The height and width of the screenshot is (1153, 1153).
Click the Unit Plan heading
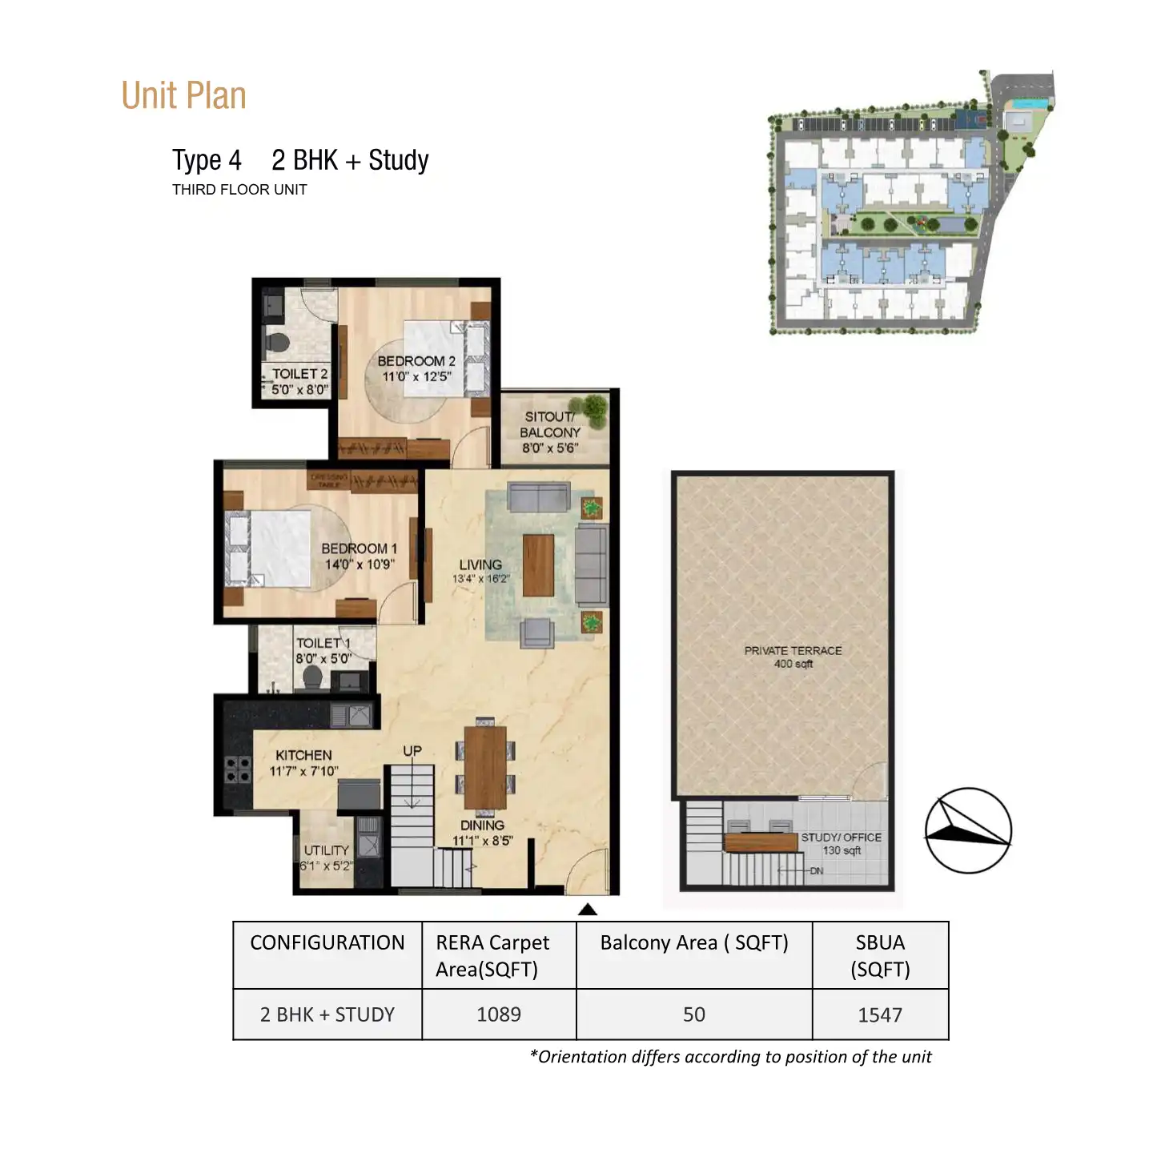tap(183, 95)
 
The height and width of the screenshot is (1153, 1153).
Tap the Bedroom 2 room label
tap(416, 361)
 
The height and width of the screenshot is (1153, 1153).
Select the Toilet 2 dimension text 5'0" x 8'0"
tap(300, 390)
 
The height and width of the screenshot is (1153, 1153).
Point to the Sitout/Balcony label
tap(549, 424)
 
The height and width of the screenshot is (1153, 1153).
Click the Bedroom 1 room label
tap(359, 548)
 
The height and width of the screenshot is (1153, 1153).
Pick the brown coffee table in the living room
tap(538, 565)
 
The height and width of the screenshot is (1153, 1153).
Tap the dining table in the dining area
tap(485, 767)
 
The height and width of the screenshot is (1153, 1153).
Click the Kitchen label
tap(303, 755)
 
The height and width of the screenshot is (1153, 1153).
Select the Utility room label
tap(326, 850)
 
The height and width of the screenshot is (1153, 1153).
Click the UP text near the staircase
tap(412, 751)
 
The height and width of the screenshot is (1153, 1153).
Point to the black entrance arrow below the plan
tap(588, 909)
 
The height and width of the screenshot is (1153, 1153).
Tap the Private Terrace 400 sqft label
tap(793, 657)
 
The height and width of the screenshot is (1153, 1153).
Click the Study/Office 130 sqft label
tap(841, 843)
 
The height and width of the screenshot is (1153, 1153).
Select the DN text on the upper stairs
tap(816, 871)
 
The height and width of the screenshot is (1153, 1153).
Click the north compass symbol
tap(968, 830)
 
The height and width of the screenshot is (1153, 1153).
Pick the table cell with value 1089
tap(499, 1014)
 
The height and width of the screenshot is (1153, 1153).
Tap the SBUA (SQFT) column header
tap(880, 955)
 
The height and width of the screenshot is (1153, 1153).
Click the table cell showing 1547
tap(880, 1014)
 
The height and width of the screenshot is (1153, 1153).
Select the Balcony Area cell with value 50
tap(694, 1014)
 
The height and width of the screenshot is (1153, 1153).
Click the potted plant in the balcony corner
tap(594, 408)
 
